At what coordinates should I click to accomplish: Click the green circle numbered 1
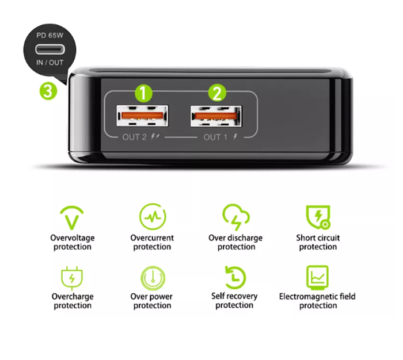point(143,93)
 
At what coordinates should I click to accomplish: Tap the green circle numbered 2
point(216,93)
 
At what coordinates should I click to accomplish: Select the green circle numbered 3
point(48,91)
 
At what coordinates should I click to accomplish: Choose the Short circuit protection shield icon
point(317,217)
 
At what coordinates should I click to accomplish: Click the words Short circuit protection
point(318,242)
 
